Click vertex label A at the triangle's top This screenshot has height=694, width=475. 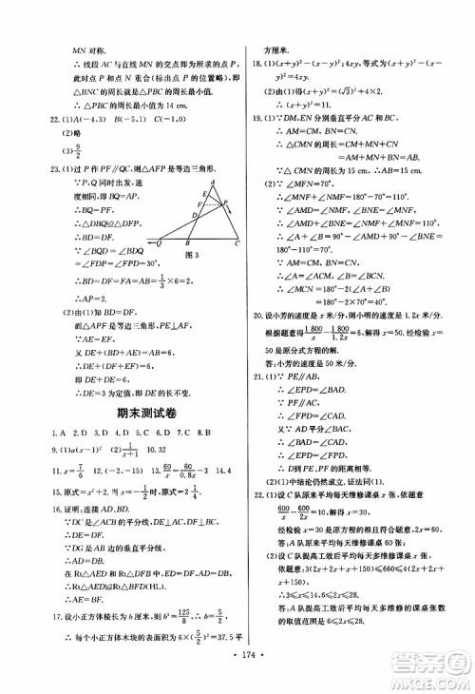(216, 183)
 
